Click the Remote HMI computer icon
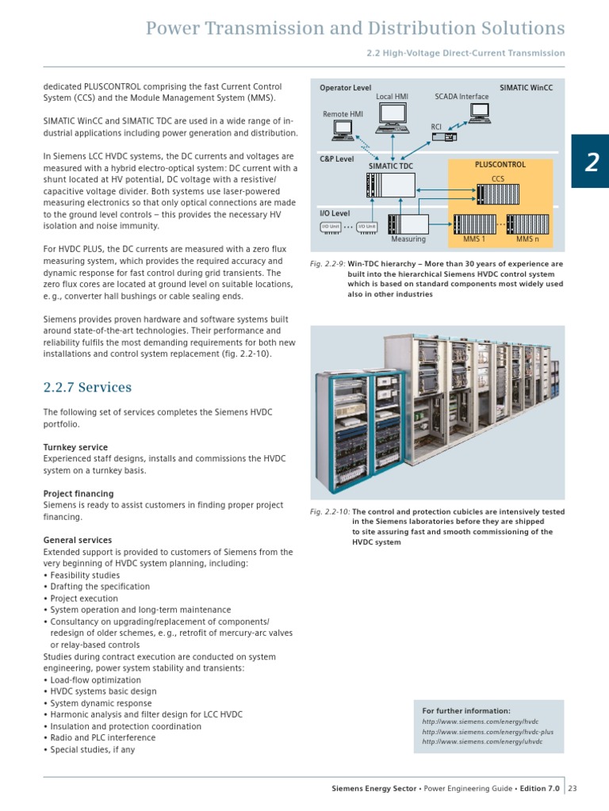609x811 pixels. tap(344, 130)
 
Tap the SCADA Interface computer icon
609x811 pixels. tap(479, 113)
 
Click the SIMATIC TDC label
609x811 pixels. tap(391, 166)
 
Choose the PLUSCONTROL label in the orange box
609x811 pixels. tap(500, 165)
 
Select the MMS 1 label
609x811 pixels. tap(473, 239)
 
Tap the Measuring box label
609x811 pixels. tap(408, 239)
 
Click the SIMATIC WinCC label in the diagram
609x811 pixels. tap(526, 87)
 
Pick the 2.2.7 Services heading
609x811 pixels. tap(87, 388)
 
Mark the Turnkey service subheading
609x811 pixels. tap(75, 447)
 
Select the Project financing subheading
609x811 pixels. tap(79, 494)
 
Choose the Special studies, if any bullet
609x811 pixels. tap(92, 749)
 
